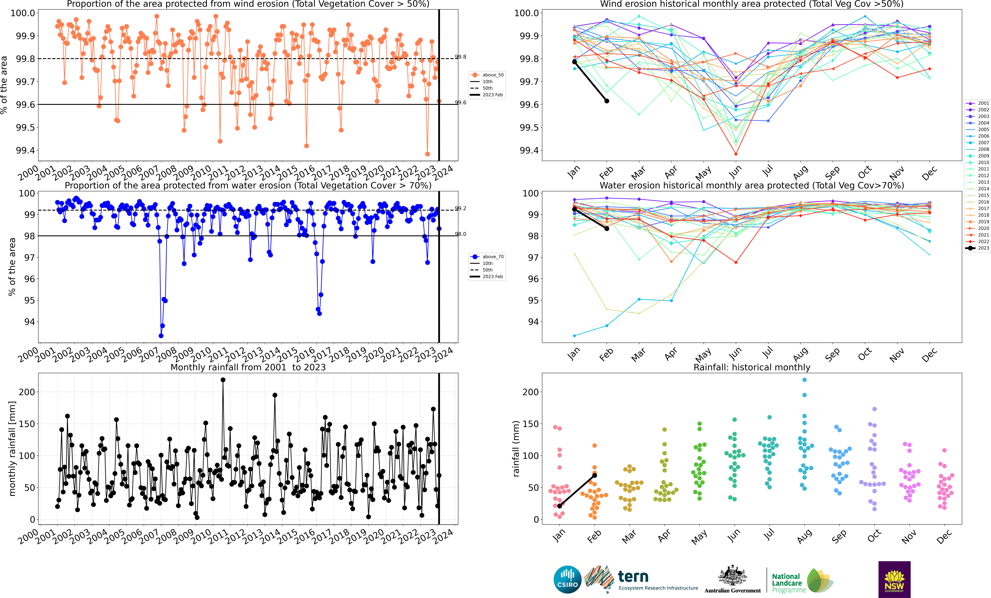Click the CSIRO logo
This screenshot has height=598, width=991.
[x=567, y=580]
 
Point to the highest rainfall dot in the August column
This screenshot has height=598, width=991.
[x=804, y=380]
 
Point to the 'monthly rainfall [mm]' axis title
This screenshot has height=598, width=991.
[x=12, y=448]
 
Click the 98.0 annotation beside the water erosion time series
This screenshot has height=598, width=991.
[x=461, y=234]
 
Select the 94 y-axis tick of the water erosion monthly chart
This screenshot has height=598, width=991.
[x=533, y=322]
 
